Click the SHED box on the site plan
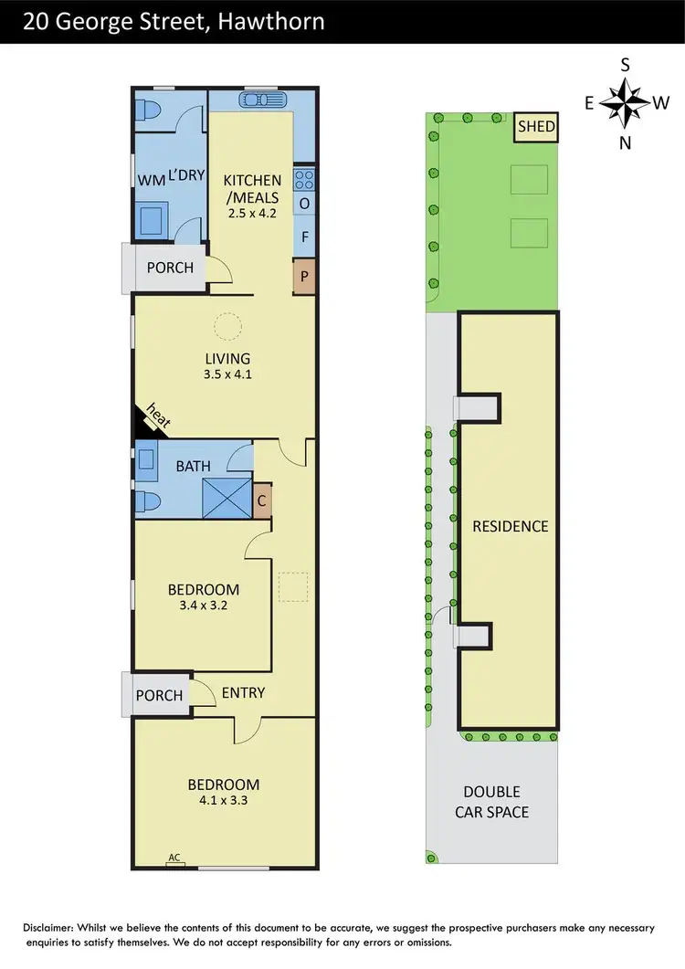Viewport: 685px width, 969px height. [x=536, y=127]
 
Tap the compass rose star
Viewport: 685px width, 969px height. [x=626, y=103]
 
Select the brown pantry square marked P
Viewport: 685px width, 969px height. [x=302, y=277]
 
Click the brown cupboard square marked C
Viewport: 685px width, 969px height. [x=262, y=501]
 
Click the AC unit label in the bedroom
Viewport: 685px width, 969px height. [x=174, y=858]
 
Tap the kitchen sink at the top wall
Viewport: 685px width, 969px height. [x=263, y=100]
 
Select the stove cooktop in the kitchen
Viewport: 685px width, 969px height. [x=303, y=178]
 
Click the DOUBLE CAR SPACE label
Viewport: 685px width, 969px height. [x=491, y=802]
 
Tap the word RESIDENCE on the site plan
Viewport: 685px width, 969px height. [x=510, y=526]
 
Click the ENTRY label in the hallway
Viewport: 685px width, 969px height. [x=243, y=693]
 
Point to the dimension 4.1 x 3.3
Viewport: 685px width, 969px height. [x=224, y=802]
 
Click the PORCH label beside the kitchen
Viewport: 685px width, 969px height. [x=170, y=268]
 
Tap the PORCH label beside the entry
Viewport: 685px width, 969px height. [x=159, y=695]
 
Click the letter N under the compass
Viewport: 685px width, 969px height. [x=626, y=142]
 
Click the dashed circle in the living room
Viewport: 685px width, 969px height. [x=227, y=325]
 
